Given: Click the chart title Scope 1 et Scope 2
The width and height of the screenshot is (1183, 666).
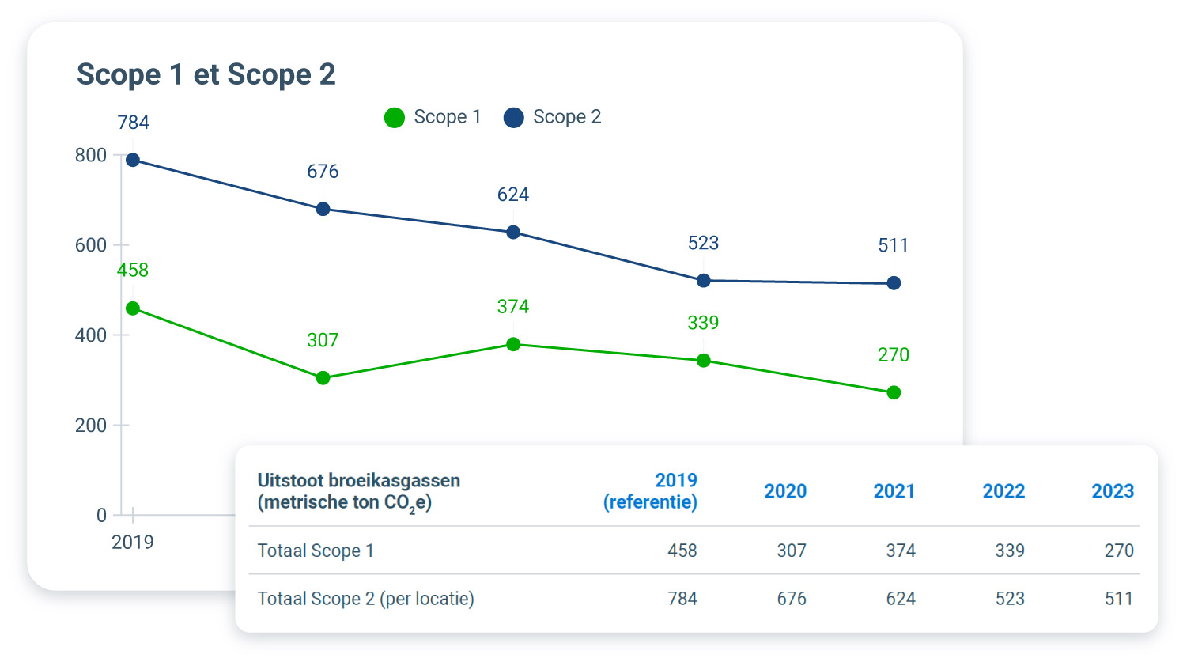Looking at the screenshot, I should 206,74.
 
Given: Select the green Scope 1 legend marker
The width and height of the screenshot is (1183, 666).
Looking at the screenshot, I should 395,118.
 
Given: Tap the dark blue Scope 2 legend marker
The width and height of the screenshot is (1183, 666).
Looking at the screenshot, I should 514,118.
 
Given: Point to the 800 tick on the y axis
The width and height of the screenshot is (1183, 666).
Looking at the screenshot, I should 91,155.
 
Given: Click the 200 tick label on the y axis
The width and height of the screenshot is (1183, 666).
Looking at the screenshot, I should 91,426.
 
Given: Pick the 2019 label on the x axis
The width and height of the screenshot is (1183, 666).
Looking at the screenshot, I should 132,543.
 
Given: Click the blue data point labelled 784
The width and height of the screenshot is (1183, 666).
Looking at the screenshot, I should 133,161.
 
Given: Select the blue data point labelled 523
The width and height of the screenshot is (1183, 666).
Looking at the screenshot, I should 703,281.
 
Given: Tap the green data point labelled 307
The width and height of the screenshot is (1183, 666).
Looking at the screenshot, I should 323,378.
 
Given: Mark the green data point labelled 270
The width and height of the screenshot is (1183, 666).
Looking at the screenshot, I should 894,392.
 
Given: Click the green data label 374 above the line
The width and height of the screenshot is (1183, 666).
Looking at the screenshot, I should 512,307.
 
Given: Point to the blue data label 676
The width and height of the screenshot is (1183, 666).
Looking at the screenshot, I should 323,172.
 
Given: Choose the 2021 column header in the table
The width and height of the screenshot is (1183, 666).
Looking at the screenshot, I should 894,491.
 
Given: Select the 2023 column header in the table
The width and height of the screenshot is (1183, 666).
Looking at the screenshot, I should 1112,491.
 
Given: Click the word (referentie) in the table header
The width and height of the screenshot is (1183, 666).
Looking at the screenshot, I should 650,502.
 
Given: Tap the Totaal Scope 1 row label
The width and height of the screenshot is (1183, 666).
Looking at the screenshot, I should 315,551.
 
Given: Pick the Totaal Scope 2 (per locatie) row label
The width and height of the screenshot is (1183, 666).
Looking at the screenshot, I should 365,599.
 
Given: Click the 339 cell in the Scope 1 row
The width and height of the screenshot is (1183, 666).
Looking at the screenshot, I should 1009,551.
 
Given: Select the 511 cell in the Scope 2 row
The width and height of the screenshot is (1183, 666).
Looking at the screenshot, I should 1118,599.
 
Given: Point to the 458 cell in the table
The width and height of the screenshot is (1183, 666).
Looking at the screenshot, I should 682,551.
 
